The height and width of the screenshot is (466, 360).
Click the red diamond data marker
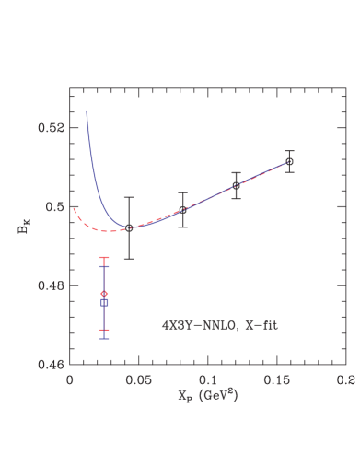tap(104, 294)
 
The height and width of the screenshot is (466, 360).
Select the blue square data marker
tap(104, 302)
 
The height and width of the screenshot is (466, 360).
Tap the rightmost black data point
tap(289, 161)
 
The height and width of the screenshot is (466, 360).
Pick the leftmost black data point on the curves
tap(129, 227)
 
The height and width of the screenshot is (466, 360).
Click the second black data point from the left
tap(183, 210)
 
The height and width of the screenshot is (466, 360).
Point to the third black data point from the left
tap(236, 185)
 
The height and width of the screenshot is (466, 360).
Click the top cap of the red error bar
tap(104, 257)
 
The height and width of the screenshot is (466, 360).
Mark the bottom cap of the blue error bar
tap(104, 339)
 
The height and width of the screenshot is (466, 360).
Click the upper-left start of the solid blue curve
tap(87, 111)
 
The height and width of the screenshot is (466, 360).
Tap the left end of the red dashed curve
tap(73, 207)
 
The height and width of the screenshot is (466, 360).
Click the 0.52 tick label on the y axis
tap(52, 127)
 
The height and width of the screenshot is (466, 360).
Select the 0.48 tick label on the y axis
tap(52, 285)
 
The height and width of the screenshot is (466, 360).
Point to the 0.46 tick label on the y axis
tap(52, 365)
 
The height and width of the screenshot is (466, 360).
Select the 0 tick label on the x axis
tap(70, 379)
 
